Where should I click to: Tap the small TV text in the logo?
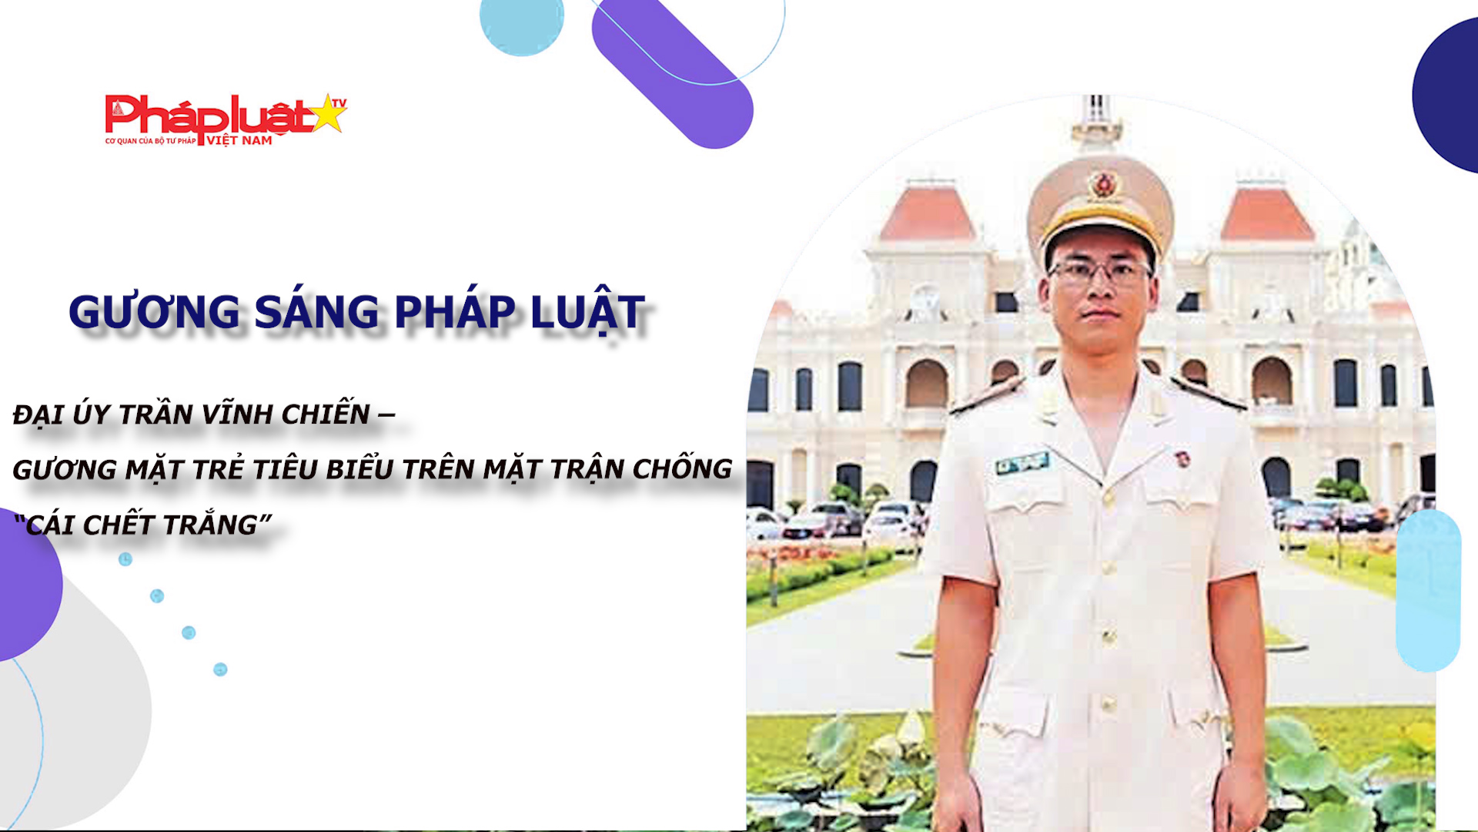(x=339, y=102)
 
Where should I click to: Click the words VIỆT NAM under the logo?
(x=239, y=140)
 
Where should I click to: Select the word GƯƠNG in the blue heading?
(x=155, y=312)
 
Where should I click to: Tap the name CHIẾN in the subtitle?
(x=326, y=413)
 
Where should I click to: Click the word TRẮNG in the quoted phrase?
(x=210, y=524)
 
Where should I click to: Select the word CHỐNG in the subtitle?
(x=682, y=468)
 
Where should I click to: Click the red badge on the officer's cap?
(x=1103, y=185)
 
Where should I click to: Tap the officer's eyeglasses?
(x=1100, y=270)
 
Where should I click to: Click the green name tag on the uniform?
(x=1022, y=463)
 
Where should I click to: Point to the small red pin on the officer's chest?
(x=1178, y=460)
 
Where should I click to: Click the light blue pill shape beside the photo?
(x=1429, y=590)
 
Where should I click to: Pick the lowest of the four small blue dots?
(x=220, y=669)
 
